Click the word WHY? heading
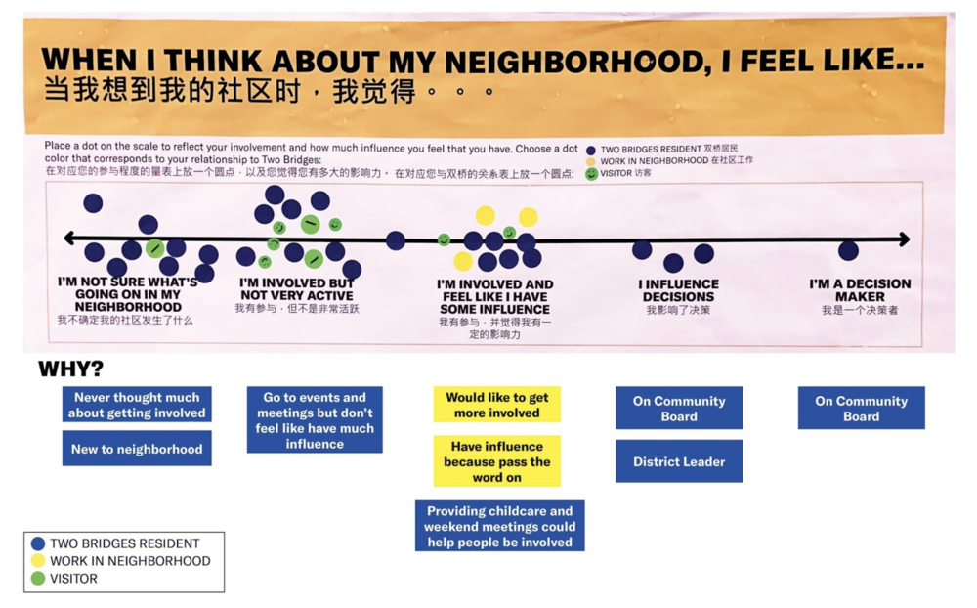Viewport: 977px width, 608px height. (70, 369)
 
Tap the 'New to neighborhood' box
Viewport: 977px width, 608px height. (137, 449)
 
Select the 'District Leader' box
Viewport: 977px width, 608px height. (678, 461)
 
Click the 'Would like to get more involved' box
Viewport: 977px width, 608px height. (496, 405)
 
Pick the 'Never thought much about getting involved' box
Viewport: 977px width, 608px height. (137, 405)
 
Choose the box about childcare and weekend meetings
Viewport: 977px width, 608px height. (499, 526)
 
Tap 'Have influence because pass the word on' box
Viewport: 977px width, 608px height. (496, 461)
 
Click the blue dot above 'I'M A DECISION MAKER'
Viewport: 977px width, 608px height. (848, 250)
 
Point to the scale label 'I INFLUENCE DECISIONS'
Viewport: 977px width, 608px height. (678, 290)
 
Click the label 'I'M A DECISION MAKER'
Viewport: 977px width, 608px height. (860, 290)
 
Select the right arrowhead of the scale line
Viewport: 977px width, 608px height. (905, 239)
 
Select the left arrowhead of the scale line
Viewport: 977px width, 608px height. (69, 239)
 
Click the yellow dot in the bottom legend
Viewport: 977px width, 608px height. (38, 561)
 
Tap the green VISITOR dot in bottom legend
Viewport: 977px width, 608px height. (38, 578)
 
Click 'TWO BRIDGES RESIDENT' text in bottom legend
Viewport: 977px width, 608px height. (124, 543)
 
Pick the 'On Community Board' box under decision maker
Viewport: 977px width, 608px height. (861, 408)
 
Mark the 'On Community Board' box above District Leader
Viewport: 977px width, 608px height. (678, 408)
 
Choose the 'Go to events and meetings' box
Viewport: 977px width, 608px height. (315, 419)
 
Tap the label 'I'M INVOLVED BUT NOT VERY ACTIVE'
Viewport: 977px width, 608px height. (296, 288)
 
